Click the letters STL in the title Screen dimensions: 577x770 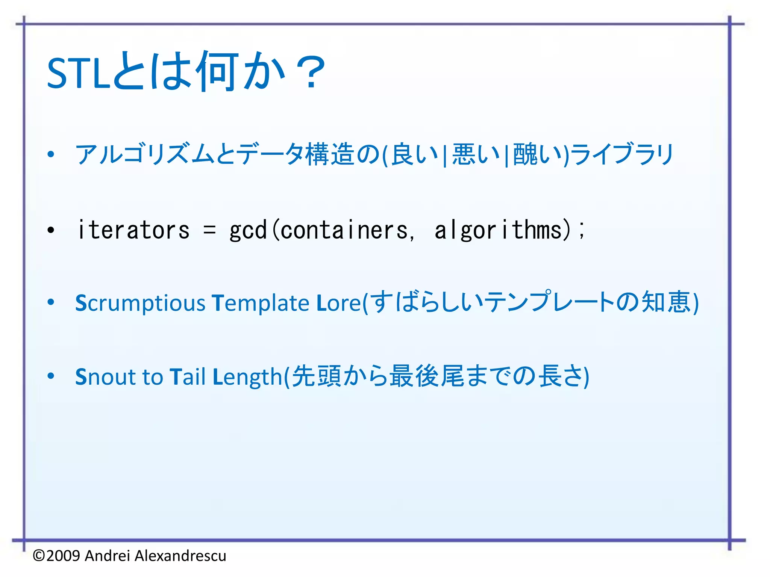78,74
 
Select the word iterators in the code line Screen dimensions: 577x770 133,230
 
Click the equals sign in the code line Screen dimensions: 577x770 209,230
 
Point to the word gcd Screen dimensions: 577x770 248,230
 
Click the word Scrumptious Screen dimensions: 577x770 140,303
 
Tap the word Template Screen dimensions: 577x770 260,303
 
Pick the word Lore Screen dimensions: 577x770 339,303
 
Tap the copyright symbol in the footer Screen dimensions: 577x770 39,556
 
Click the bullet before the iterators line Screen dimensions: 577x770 51,230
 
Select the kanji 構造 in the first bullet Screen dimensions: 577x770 330,154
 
